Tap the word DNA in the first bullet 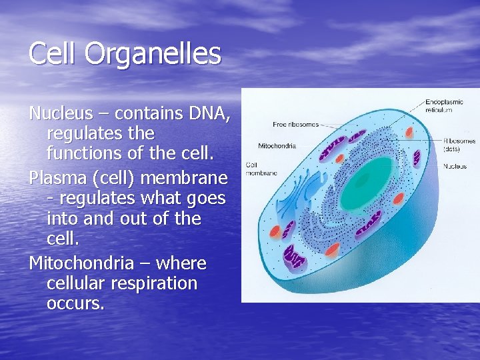[207, 114]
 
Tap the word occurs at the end [75, 304]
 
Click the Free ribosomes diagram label [295, 125]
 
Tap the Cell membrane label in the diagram [261, 168]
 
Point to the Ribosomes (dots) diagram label [459, 145]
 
